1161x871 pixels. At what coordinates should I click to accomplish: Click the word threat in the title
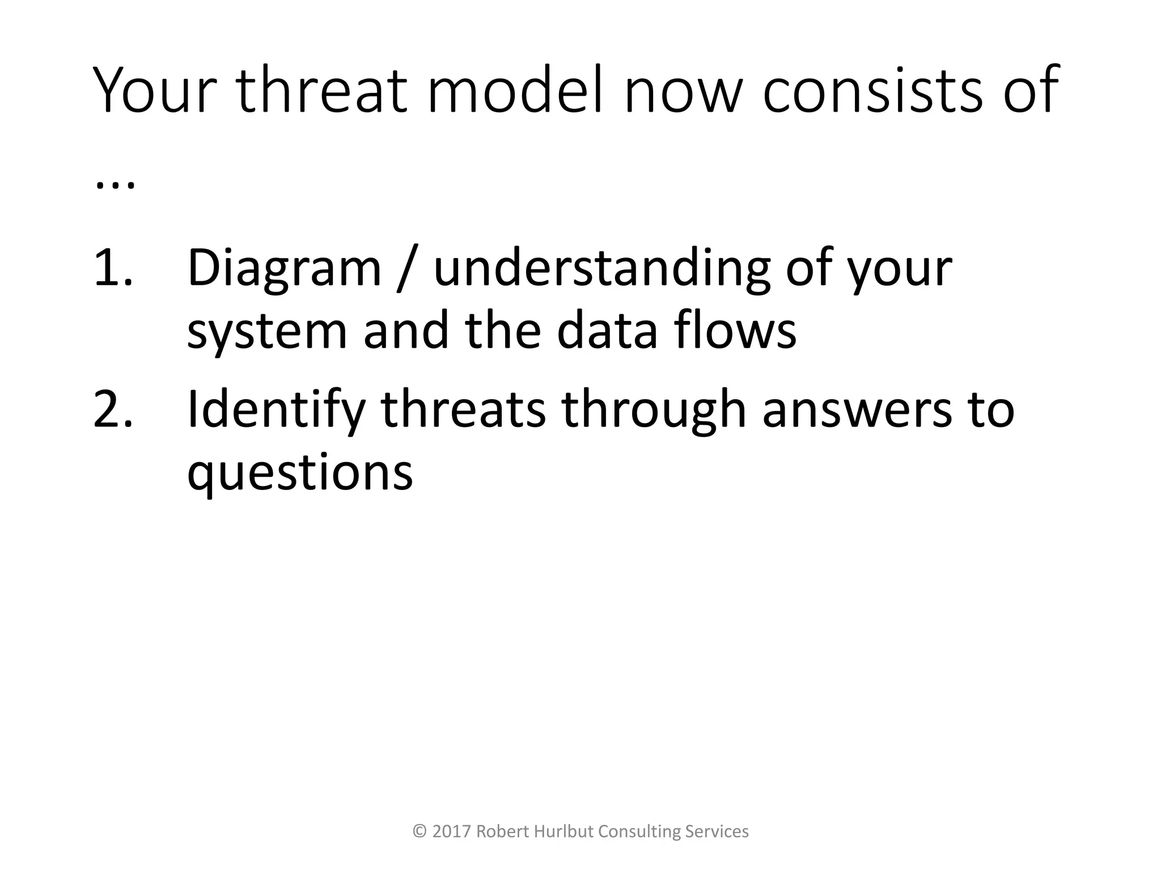[321, 91]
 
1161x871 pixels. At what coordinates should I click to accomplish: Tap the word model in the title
[516, 91]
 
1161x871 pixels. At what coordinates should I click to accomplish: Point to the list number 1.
[113, 268]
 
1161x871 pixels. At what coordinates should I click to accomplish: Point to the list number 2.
[113, 409]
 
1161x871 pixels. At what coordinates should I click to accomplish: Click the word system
[266, 333]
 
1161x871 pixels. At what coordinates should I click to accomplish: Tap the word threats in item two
[463, 409]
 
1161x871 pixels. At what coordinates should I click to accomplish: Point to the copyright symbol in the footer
[420, 832]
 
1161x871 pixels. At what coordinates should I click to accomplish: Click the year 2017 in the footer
[451, 832]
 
